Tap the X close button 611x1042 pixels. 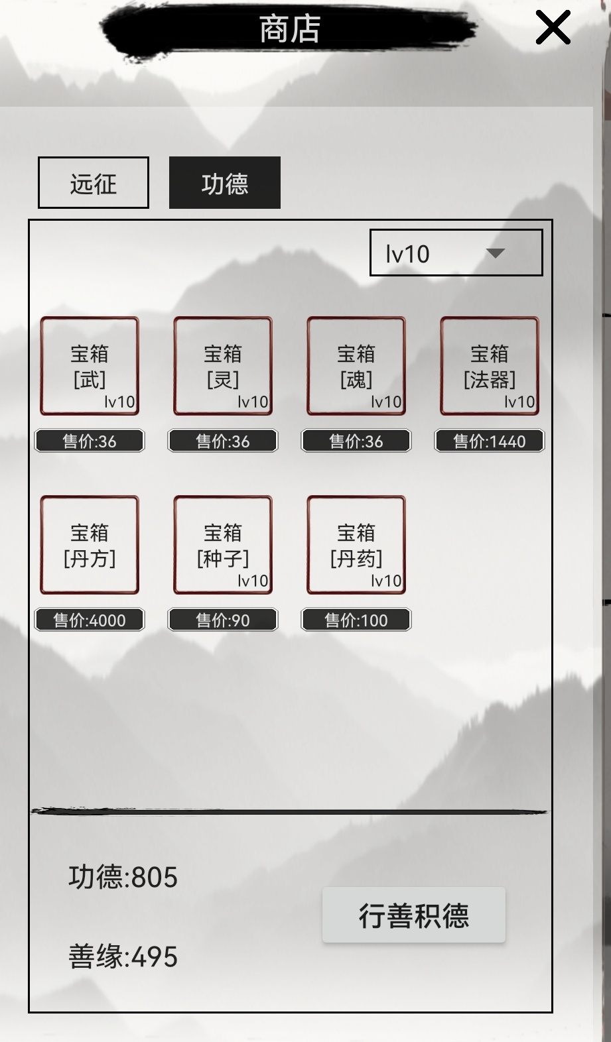click(553, 28)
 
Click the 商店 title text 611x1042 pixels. click(290, 29)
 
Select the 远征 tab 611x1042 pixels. click(94, 183)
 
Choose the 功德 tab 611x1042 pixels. click(224, 183)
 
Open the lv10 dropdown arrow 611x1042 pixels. click(495, 253)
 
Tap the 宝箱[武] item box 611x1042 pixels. click(90, 366)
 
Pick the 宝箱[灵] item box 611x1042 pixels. click(223, 366)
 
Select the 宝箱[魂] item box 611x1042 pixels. click(356, 366)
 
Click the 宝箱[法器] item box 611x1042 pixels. click(490, 366)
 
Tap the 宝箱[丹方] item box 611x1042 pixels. click(90, 545)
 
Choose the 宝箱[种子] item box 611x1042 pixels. click(223, 545)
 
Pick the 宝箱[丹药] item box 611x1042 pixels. click(356, 545)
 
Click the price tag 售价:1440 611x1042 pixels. click(490, 441)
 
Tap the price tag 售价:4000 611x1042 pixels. click(90, 620)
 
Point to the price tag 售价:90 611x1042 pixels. click(223, 620)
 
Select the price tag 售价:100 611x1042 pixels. click(356, 620)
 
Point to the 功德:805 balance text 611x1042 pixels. click(123, 878)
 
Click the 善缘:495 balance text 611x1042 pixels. click(123, 956)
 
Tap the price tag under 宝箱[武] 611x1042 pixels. click(90, 441)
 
